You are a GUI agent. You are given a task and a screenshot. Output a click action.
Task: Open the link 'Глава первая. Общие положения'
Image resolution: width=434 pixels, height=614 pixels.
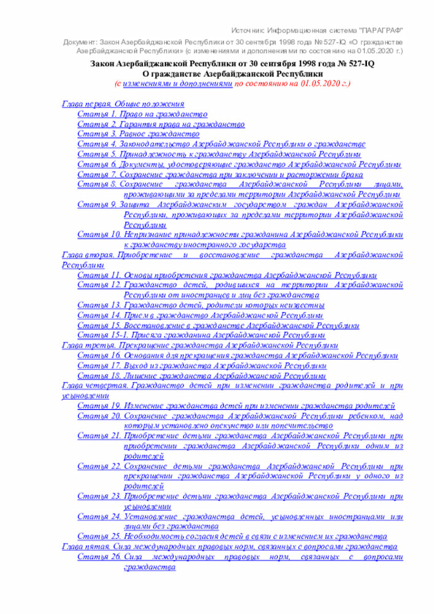(123, 104)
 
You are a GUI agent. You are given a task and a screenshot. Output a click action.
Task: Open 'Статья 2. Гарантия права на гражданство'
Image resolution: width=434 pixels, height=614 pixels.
(160, 125)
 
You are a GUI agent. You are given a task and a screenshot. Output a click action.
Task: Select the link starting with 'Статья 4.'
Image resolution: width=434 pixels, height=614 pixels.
(221, 145)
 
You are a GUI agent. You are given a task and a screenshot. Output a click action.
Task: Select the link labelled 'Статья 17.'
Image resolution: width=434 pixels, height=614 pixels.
(201, 366)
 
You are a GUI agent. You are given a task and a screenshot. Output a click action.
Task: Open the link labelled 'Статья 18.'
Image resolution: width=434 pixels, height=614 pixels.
(196, 376)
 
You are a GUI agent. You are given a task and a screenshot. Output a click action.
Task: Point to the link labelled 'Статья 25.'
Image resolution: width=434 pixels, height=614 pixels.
(232, 536)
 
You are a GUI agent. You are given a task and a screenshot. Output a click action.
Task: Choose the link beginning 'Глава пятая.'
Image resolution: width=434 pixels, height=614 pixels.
(224, 546)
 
